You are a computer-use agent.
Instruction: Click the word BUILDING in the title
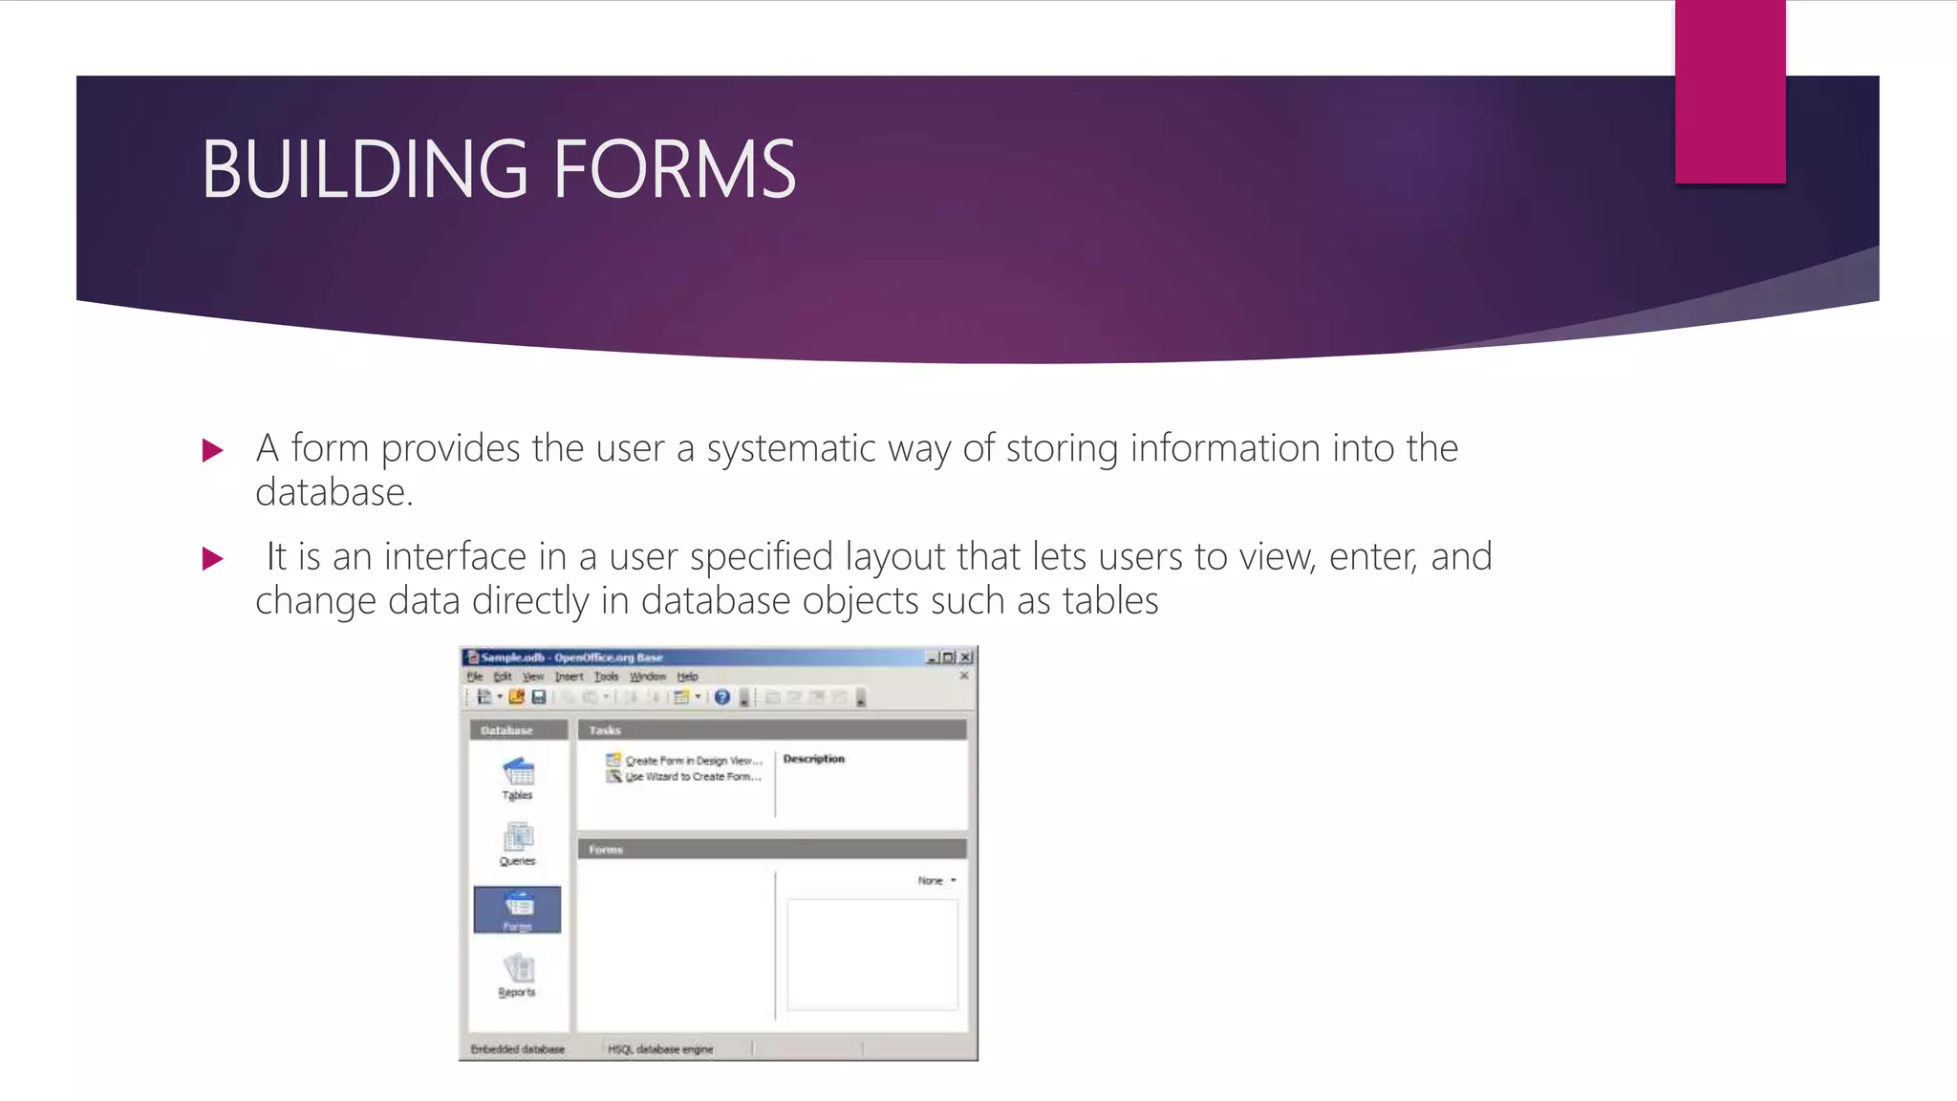[364, 169]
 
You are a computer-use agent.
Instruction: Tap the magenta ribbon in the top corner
[1730, 92]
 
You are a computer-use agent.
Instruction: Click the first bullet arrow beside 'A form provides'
[213, 450]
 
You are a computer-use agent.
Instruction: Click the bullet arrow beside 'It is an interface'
[213, 558]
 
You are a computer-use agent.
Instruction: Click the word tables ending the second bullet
[1110, 601]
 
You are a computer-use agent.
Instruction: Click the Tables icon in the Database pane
[518, 772]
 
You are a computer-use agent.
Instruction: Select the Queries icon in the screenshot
[518, 838]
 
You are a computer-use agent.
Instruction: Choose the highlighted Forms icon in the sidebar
[518, 908]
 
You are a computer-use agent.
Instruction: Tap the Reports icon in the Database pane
[518, 969]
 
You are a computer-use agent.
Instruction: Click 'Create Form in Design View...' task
[693, 761]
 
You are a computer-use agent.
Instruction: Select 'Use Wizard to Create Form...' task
[693, 777]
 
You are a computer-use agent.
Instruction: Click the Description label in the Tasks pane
[814, 759]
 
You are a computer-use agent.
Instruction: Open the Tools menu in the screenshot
[607, 677]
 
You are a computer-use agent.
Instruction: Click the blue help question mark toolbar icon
[722, 698]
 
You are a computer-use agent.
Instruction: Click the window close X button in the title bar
[966, 658]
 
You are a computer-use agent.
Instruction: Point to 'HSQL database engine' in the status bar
[660, 1049]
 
